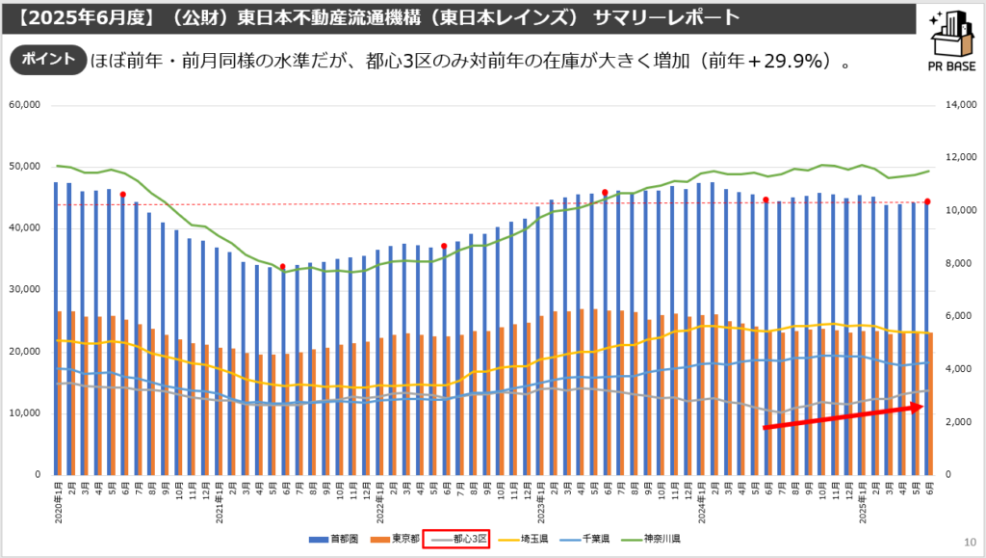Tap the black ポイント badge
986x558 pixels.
[x=47, y=60]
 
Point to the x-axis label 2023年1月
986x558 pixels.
[x=538, y=502]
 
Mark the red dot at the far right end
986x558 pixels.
[x=927, y=201]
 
